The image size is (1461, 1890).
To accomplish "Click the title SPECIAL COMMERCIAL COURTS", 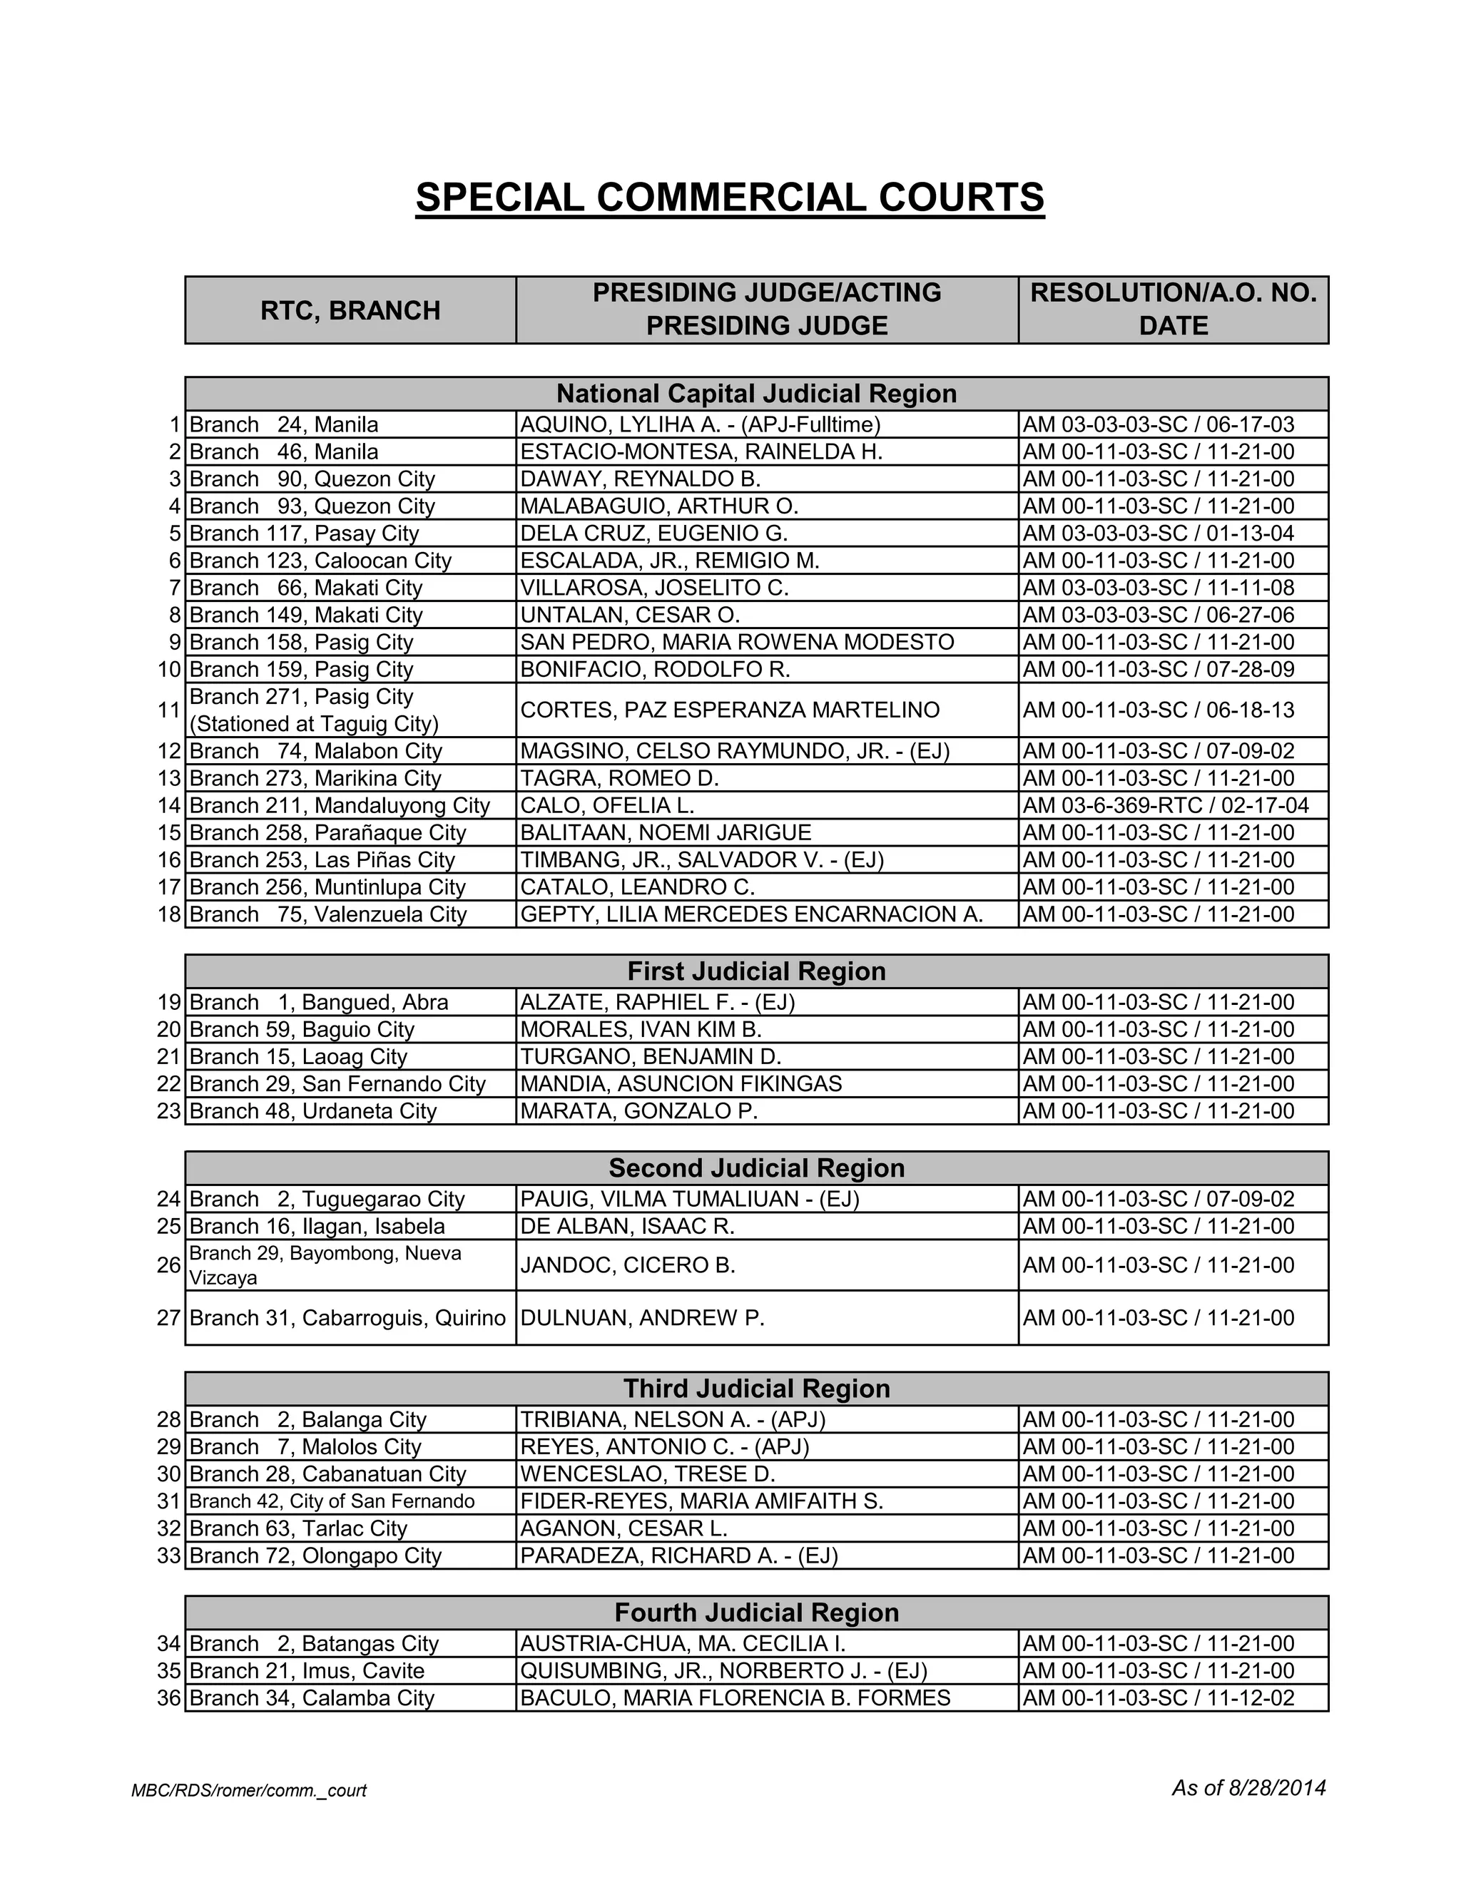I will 730,198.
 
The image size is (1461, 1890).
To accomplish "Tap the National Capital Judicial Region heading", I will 755,394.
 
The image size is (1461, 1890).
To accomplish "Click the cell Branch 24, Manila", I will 284,425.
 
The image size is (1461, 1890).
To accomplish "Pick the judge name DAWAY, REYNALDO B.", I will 640,479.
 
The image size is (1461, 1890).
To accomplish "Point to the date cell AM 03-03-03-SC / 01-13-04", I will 1158,533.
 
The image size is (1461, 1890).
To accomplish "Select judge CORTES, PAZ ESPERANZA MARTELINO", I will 730,710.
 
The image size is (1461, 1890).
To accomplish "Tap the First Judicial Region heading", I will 755,971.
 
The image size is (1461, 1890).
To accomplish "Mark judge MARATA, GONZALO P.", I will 638,1111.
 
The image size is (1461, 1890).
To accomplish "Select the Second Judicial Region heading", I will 755,1168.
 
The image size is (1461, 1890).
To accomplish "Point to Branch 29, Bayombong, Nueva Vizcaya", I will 325,1265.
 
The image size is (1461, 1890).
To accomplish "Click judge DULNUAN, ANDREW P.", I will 642,1318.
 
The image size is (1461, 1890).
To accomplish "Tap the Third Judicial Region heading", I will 755,1389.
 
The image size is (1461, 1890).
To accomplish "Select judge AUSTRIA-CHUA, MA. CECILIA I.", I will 682,1643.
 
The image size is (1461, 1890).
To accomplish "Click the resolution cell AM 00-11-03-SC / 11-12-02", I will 1158,1698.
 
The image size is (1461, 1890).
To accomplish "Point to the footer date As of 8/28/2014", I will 1248,1788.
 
